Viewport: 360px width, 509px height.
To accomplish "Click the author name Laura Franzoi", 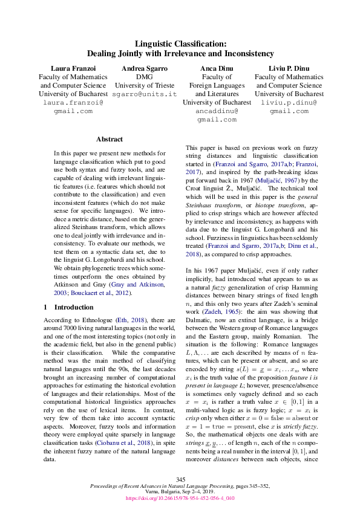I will pyautogui.click(x=73, y=69).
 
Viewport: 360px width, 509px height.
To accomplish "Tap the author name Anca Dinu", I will pyautogui.click(x=216, y=69).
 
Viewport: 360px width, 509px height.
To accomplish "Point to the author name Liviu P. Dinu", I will pyautogui.click(x=289, y=69).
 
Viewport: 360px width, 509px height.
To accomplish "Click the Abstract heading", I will pyautogui.click(x=109, y=139).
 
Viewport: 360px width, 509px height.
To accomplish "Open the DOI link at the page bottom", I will pyautogui.click(x=180, y=499).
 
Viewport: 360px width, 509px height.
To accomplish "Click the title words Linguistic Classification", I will pyautogui.click(x=180, y=44).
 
